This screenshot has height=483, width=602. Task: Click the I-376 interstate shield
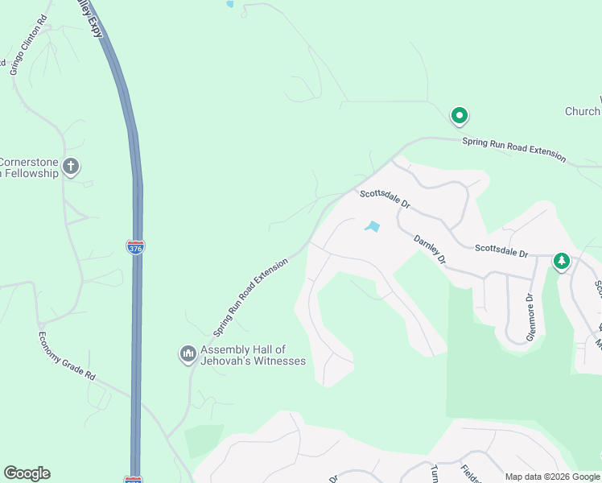136,248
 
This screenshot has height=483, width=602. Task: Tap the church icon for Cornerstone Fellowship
71,167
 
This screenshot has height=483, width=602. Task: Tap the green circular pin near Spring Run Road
460,117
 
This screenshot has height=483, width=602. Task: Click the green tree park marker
561,261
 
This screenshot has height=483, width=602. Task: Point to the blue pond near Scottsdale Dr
372,227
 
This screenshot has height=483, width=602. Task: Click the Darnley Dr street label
430,250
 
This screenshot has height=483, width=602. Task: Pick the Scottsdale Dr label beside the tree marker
501,253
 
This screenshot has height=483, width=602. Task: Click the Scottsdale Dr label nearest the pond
386,199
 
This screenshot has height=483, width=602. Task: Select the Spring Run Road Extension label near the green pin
513,150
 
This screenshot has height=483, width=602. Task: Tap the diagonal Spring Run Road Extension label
250,297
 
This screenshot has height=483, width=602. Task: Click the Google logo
27,473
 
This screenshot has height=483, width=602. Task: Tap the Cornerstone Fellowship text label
29,167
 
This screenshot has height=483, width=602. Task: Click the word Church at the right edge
583,112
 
